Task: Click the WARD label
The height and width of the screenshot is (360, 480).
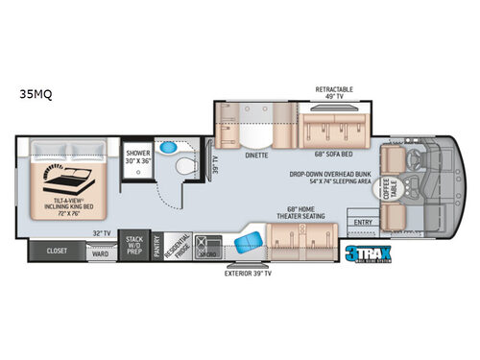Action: pos(100,255)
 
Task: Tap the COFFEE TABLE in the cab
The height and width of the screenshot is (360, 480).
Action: pos(392,189)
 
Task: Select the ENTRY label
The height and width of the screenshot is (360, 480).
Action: pos(363,222)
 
